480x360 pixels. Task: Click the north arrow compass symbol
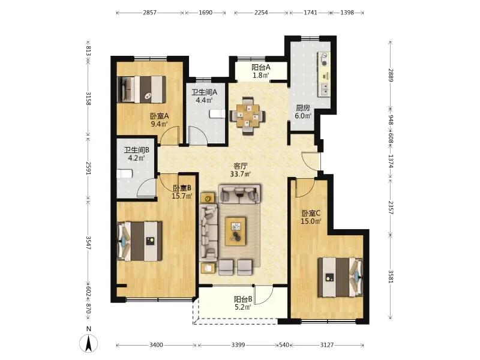[88, 343]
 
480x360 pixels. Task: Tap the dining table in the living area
[248, 116]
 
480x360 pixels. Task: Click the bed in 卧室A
[142, 89]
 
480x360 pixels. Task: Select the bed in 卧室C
[340, 277]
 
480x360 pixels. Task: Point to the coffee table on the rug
[236, 231]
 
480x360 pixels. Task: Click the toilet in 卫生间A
[217, 113]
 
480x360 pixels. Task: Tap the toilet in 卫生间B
[125, 173]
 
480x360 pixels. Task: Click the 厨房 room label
[303, 108]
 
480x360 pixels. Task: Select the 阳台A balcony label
[261, 67]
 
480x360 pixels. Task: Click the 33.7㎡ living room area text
[241, 174]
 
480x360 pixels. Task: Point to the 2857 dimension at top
[149, 13]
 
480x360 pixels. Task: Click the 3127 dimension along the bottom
[327, 345]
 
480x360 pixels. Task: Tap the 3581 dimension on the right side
[391, 277]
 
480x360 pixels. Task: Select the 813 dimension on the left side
[88, 51]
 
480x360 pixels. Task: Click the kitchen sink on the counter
[325, 89]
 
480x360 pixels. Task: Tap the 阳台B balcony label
[243, 299]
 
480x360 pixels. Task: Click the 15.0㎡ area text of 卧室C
[311, 221]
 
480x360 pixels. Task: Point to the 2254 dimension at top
[261, 13]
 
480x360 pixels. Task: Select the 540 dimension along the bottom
[284, 345]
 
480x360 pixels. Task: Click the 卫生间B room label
[137, 150]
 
